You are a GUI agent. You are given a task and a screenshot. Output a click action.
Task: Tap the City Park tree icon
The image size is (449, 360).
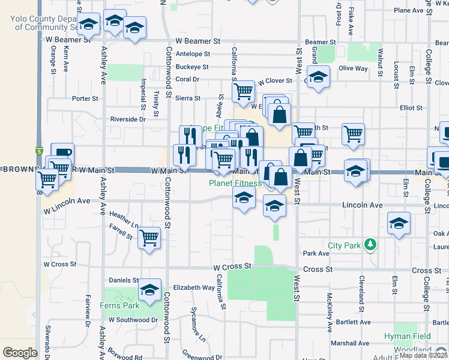[x=371, y=244]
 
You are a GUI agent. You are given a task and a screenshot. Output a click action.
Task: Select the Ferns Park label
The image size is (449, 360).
[x=121, y=305]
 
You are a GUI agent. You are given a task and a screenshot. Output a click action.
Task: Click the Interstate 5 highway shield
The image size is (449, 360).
[x=39, y=152]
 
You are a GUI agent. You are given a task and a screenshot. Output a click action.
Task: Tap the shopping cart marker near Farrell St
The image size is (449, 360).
[x=149, y=238]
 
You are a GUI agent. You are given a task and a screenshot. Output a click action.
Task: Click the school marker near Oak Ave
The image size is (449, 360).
[x=399, y=224]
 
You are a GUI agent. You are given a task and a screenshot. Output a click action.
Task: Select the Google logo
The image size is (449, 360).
[x=20, y=353]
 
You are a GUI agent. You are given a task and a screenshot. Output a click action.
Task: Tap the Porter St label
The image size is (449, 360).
[x=85, y=98]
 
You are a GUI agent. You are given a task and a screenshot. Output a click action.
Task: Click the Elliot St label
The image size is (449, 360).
[x=411, y=109]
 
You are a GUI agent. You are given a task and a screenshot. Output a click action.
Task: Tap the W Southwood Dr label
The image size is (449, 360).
[x=131, y=320]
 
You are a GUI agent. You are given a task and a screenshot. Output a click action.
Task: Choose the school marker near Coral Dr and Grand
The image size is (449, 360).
[x=319, y=77]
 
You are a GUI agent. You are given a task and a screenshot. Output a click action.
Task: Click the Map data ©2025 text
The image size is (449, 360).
[x=424, y=355]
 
